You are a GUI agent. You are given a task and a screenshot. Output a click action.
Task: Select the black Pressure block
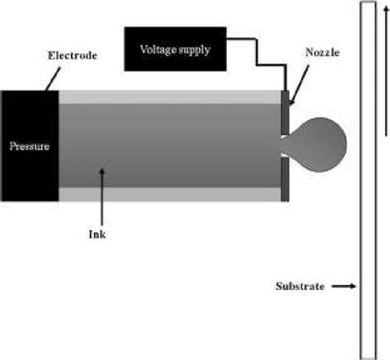[x=30, y=146]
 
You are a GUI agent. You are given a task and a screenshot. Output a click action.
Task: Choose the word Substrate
[x=299, y=287]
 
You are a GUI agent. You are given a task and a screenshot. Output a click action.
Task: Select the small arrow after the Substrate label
[x=345, y=287]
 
